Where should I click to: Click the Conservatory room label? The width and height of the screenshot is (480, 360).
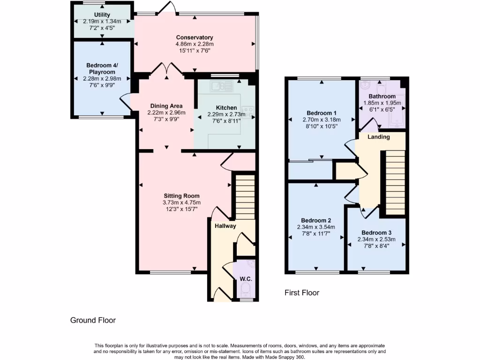pos(195,37)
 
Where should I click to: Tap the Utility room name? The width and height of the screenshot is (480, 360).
pos(102,15)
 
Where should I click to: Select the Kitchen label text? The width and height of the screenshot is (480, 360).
pos(226,107)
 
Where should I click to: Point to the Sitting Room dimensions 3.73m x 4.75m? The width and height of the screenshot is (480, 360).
pos(181,202)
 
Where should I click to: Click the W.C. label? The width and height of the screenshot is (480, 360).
pos(246,279)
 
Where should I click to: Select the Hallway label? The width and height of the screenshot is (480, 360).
pos(225,226)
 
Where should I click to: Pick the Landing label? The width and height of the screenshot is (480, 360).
pos(378,137)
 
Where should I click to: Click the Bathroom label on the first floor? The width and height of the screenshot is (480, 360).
pos(382,97)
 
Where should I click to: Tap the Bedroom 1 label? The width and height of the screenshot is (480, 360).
pos(322,113)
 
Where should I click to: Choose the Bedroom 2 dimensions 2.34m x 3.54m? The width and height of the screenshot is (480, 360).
pos(316,227)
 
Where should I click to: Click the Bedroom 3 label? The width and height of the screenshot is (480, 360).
pos(376,232)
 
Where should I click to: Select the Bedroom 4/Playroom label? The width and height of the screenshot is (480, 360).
pos(102,69)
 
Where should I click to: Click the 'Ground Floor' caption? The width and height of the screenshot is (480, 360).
pos(93,320)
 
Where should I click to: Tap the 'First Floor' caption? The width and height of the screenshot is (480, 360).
pos(302,292)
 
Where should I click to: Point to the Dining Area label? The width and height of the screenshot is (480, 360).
pos(166,106)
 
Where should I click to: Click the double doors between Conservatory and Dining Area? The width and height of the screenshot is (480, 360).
pos(166,70)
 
